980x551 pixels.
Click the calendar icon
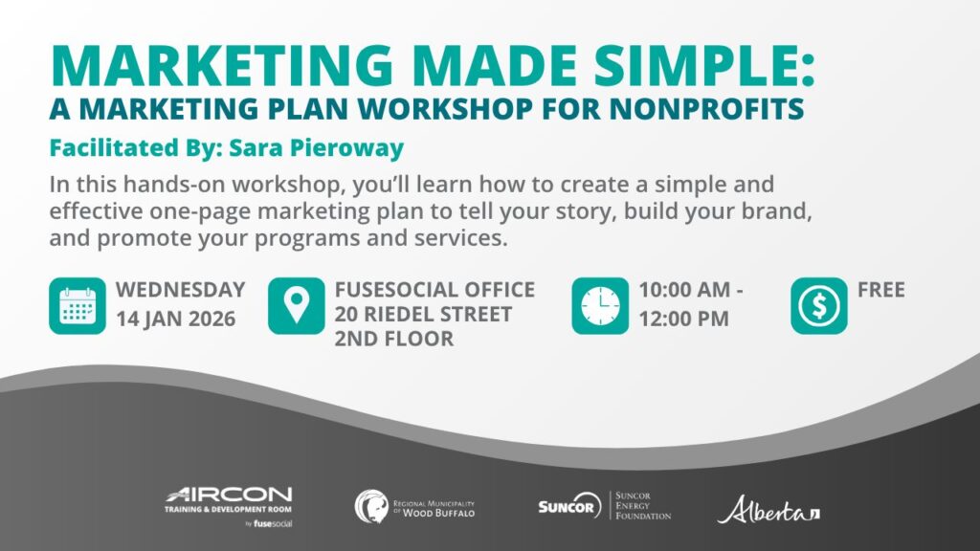point(78,306)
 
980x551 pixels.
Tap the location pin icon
point(297,306)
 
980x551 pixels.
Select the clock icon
point(600,306)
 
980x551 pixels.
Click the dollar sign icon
point(819,306)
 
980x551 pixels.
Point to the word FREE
point(881,290)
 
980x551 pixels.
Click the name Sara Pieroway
point(316,148)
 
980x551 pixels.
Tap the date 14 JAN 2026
point(176,319)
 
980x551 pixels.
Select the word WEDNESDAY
point(181,290)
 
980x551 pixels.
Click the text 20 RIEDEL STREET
point(423,314)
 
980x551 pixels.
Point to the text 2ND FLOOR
point(393,339)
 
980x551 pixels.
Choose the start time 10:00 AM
point(684,290)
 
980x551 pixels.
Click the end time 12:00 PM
point(683,319)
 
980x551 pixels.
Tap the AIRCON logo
point(229,507)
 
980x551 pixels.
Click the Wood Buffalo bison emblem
point(371,506)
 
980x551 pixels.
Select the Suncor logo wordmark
point(569,505)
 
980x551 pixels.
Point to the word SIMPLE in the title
point(703,66)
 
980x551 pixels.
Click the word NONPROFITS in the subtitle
point(707,109)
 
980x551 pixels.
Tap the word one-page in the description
point(200,212)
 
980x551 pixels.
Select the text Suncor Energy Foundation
point(643,506)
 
